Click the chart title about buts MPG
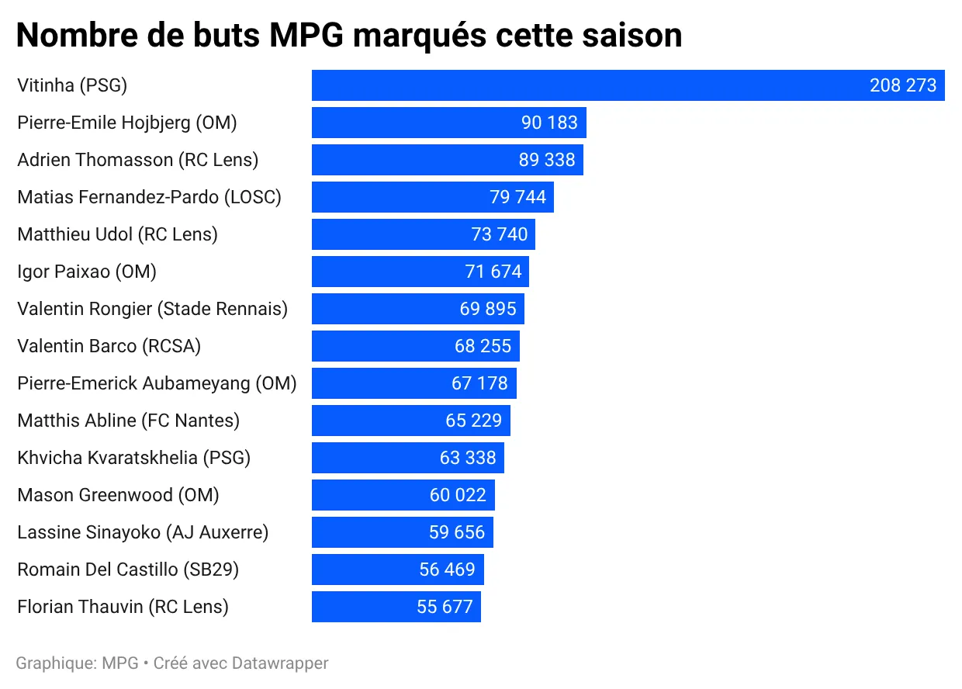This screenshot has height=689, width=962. click(x=349, y=36)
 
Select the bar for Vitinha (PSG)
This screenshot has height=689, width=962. click(x=590, y=85)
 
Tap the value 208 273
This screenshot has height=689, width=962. click(x=903, y=85)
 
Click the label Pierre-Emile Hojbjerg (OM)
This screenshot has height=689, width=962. click(x=127, y=123)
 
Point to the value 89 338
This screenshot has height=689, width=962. click(x=547, y=160)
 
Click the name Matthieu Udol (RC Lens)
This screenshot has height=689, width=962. click(x=117, y=234)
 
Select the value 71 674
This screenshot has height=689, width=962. click(x=493, y=272)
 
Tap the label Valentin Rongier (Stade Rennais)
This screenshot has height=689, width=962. click(x=152, y=309)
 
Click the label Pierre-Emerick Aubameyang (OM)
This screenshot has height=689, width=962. click(x=157, y=383)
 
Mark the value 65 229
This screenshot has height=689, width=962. click(x=473, y=421)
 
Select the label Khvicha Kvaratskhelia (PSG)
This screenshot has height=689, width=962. click(x=134, y=458)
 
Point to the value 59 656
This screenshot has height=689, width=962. click(x=457, y=532)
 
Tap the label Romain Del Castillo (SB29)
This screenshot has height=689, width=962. click(x=128, y=570)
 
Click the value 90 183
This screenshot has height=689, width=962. click(x=549, y=123)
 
